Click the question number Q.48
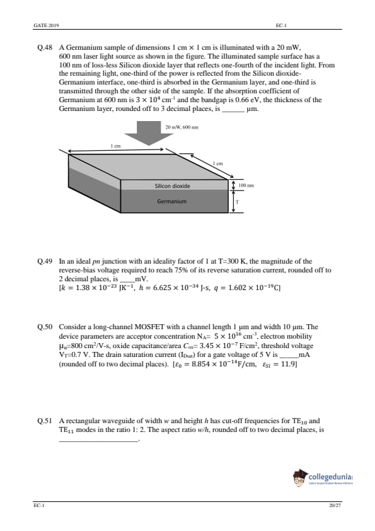45,48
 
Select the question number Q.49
45,262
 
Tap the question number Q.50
45,327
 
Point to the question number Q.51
45,421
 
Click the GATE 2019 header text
47,25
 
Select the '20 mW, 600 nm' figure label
182,127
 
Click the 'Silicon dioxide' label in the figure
172,186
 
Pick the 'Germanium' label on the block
171,202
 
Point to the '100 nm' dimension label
246,185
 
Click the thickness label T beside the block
237,202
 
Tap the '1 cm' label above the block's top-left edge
115,146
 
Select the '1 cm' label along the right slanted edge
218,163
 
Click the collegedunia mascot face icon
299,478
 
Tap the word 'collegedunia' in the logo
330,477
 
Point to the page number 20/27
335,505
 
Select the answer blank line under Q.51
99,441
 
